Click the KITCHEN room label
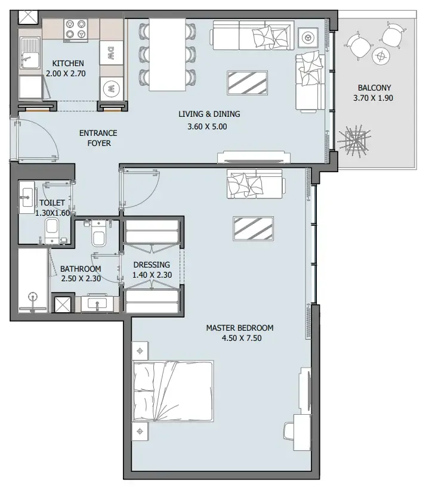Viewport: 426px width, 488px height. (x=67, y=63)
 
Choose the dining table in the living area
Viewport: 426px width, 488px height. (x=167, y=54)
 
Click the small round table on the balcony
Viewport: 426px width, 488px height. (x=381, y=57)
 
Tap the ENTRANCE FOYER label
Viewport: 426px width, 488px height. (x=98, y=138)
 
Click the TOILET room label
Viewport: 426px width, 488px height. (x=53, y=203)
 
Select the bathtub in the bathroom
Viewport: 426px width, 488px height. (x=33, y=280)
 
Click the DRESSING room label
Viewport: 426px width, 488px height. (x=151, y=265)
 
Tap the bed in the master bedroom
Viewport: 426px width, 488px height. (x=172, y=393)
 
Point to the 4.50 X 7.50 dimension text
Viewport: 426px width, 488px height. (x=239, y=338)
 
